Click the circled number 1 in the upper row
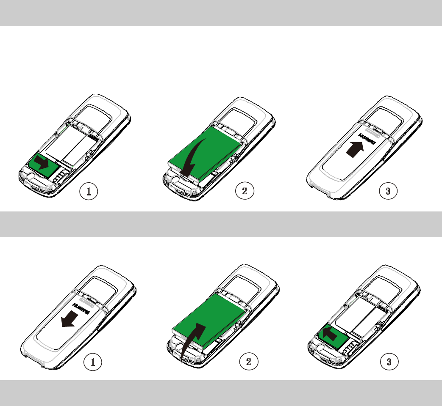coord(89,191)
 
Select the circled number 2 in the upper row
coord(245,191)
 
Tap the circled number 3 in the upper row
coord(389,191)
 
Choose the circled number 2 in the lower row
coord(249,362)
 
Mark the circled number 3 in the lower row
coord(389,362)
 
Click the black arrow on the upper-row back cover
coord(355,149)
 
